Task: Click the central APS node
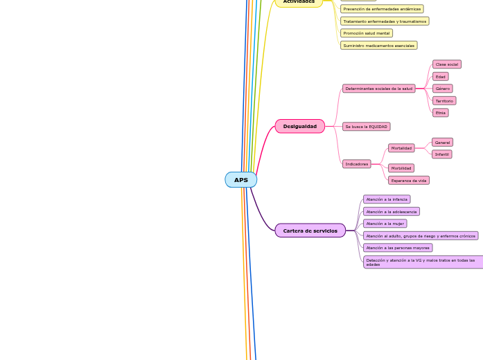coord(240,180)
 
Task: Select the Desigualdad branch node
coord(299,127)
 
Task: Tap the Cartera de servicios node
coord(310,231)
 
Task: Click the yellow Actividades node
coord(299,2)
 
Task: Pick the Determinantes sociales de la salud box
coord(379,89)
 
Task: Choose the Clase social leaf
coord(447,64)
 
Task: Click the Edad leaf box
coord(441,76)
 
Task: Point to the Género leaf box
coord(443,89)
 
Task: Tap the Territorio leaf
coord(444,101)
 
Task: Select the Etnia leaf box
coord(441,113)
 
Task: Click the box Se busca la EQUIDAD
coord(367,127)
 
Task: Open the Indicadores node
coord(357,164)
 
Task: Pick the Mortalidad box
coord(401,148)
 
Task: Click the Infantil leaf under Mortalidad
coord(442,154)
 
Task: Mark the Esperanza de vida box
coord(409,181)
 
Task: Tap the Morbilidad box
coord(401,168)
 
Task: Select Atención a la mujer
coord(385,224)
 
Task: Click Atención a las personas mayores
coord(398,248)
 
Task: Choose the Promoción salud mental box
coord(367,33)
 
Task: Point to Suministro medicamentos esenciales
coord(379,46)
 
